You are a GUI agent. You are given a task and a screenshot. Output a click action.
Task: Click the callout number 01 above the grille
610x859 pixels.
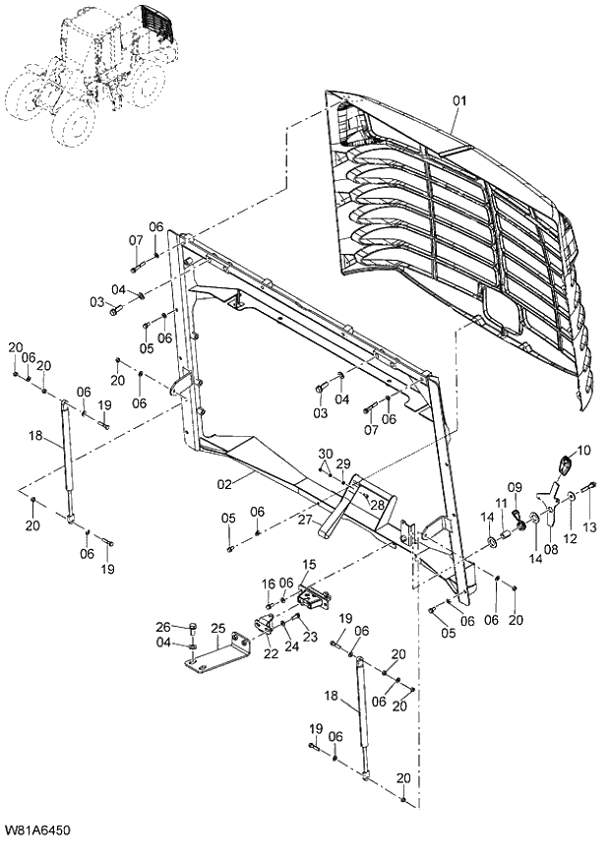point(460,100)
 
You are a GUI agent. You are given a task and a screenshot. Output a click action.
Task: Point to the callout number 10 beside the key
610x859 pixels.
point(583,451)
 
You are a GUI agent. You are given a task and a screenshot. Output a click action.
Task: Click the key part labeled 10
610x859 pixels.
point(566,465)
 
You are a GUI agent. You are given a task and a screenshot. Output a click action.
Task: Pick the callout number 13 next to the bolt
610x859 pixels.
point(589,528)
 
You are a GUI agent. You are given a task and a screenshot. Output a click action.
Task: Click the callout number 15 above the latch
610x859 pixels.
point(309,564)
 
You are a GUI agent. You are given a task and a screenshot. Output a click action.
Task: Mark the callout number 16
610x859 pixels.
point(268,584)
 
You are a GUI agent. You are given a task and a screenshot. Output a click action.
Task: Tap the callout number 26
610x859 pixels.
point(163,626)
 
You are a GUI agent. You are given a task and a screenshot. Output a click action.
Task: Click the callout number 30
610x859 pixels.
point(324,454)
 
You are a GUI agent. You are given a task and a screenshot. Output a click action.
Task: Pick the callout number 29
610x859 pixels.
point(343,462)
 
